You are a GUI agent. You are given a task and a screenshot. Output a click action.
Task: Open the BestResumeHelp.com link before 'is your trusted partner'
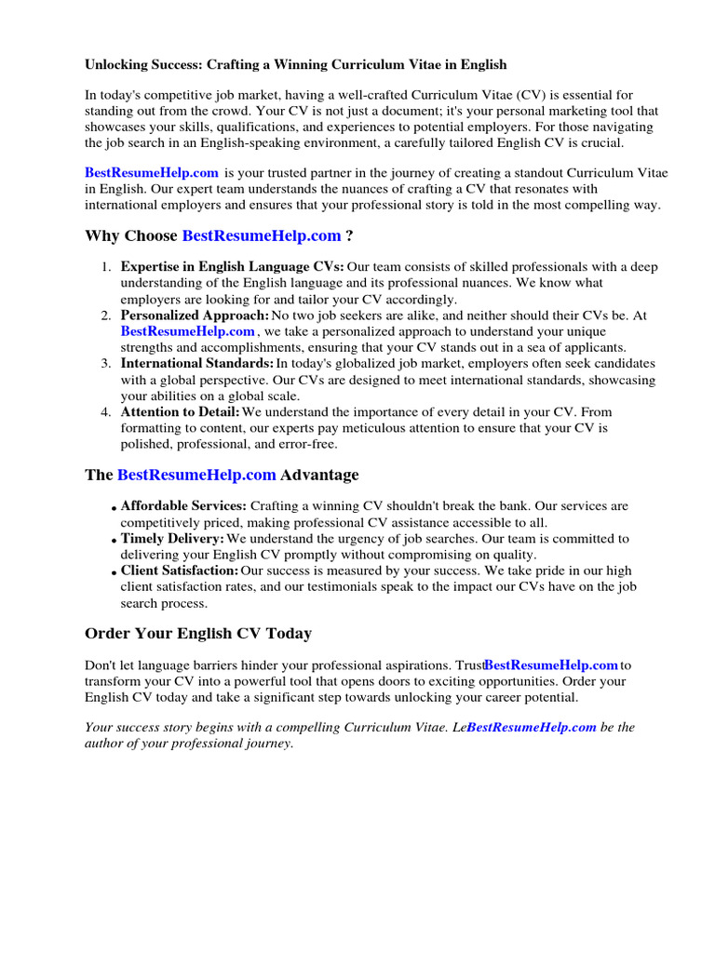tap(152, 172)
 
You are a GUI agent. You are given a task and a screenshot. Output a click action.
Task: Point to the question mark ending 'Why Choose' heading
tap(349, 236)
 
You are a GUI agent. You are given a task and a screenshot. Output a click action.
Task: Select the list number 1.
tap(105, 267)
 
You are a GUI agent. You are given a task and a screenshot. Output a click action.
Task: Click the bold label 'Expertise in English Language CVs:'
tap(232, 267)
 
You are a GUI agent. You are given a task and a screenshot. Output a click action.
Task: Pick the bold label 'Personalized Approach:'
tap(195, 315)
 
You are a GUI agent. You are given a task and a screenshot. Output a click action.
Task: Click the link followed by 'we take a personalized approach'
tap(187, 331)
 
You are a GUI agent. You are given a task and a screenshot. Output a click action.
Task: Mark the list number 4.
tap(105, 411)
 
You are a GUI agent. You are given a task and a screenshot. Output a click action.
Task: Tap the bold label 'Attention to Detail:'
tap(181, 411)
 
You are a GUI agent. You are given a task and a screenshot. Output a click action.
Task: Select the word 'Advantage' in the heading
tap(319, 475)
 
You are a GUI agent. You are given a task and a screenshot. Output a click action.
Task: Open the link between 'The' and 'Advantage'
tap(196, 475)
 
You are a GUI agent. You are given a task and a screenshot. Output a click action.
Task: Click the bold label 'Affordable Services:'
tap(183, 506)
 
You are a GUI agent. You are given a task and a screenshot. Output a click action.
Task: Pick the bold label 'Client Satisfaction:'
tap(180, 570)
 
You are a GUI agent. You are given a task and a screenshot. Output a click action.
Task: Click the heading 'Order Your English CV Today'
tap(198, 634)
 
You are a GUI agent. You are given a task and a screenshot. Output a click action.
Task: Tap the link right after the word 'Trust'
tap(552, 665)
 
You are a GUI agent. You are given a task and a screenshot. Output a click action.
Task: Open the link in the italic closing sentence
tap(532, 728)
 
